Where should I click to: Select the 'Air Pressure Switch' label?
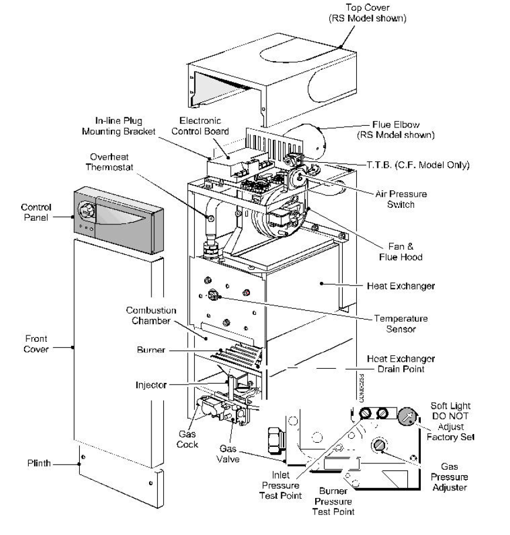click(401, 198)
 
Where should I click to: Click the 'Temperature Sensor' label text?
click(401, 324)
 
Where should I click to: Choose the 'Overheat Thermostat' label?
click(114, 161)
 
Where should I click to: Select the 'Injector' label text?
click(151, 385)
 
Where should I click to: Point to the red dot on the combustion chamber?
click(246, 292)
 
